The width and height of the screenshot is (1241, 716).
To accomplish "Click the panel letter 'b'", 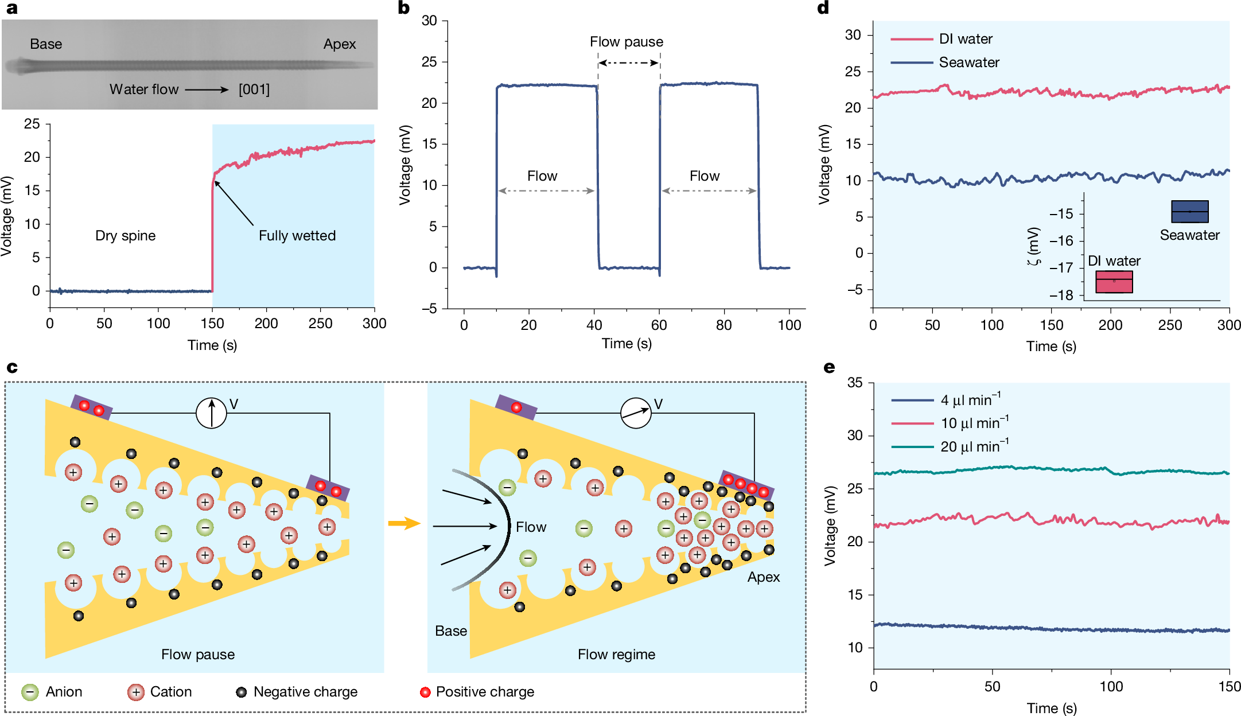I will pos(403,8).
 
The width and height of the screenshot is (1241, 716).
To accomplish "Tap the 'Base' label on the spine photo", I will pos(46,44).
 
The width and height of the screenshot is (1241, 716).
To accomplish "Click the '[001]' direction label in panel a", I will pos(254,89).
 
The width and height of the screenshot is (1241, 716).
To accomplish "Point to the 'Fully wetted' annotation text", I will pos(297,236).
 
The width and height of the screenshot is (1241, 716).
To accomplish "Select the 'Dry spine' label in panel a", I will pos(125,236).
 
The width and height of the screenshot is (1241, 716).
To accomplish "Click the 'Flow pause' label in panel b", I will pos(626,42).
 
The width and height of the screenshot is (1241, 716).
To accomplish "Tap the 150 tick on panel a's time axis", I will pos(212,324).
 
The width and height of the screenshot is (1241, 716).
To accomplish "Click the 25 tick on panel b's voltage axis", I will pos(429,62).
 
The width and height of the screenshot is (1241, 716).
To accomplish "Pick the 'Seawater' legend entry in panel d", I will pos(968,63).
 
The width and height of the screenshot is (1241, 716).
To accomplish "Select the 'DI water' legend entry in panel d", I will pos(965,39).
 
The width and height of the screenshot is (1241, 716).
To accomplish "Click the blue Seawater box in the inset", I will pos(1189,212).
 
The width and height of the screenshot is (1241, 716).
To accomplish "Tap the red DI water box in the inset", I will pos(1114,282).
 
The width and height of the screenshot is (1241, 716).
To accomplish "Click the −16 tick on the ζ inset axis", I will pos(1061,241).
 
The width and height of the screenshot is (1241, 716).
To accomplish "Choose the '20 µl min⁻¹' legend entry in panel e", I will pos(974,446).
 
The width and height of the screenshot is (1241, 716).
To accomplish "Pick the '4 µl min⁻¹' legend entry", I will pos(970,400).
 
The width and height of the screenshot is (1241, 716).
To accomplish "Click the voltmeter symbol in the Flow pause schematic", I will pos(212,413).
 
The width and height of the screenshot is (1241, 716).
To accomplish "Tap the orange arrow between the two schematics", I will pos(404,523).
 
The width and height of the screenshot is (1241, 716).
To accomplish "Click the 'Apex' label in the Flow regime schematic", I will pos(763,577).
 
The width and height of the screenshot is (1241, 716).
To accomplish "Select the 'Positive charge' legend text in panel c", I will pos(484,692).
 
